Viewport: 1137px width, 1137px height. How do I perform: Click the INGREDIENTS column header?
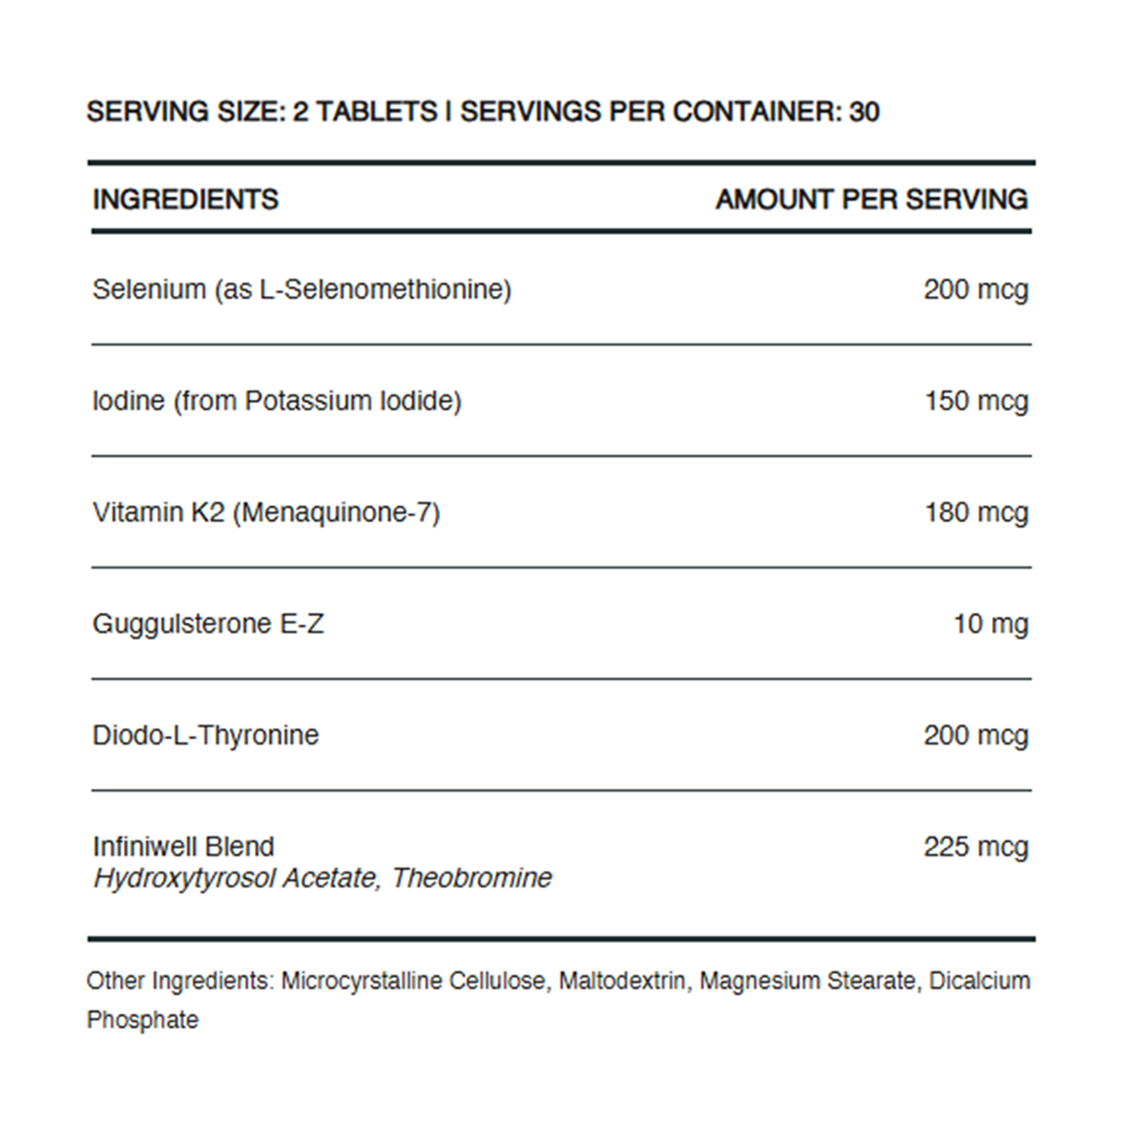[x=186, y=199]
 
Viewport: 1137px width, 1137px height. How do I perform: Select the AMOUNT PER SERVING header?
[x=871, y=199]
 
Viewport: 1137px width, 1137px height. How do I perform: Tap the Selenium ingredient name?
[x=301, y=289]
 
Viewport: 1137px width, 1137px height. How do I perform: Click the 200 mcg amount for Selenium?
[x=975, y=289]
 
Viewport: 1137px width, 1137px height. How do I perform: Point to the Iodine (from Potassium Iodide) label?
[x=277, y=401]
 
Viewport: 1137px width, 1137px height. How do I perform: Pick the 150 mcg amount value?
[x=976, y=401]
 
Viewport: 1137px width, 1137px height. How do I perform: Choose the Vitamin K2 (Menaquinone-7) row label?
[x=266, y=513]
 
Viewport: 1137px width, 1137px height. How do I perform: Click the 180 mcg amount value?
[x=976, y=513]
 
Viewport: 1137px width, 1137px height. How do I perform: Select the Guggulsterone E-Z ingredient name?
[x=208, y=623]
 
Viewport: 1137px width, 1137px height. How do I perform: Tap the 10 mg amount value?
[x=990, y=623]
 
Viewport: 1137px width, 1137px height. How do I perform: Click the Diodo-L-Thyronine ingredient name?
[x=206, y=735]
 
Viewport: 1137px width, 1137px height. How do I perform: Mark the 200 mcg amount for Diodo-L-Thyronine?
[x=975, y=735]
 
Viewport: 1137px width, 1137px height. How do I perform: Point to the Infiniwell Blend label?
[x=184, y=846]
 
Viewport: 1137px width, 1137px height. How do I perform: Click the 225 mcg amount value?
[x=975, y=846]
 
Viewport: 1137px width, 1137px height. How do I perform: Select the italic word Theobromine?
[x=472, y=877]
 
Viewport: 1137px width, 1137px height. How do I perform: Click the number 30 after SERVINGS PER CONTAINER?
[x=864, y=112]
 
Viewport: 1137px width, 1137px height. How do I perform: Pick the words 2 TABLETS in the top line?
[x=365, y=112]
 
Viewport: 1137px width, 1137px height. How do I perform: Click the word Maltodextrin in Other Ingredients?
[x=623, y=981]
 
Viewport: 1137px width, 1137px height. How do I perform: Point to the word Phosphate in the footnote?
[x=143, y=1020]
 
